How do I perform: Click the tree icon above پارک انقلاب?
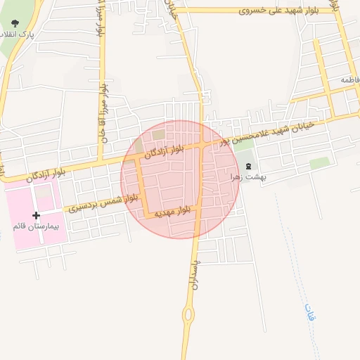[15, 25]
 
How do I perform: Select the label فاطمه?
[350, 80]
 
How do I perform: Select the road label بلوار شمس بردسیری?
[100, 205]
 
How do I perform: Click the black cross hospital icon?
[37, 215]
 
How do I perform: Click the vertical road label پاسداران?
[195, 269]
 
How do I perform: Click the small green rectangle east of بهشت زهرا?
[320, 163]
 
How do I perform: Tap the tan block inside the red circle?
[159, 134]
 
